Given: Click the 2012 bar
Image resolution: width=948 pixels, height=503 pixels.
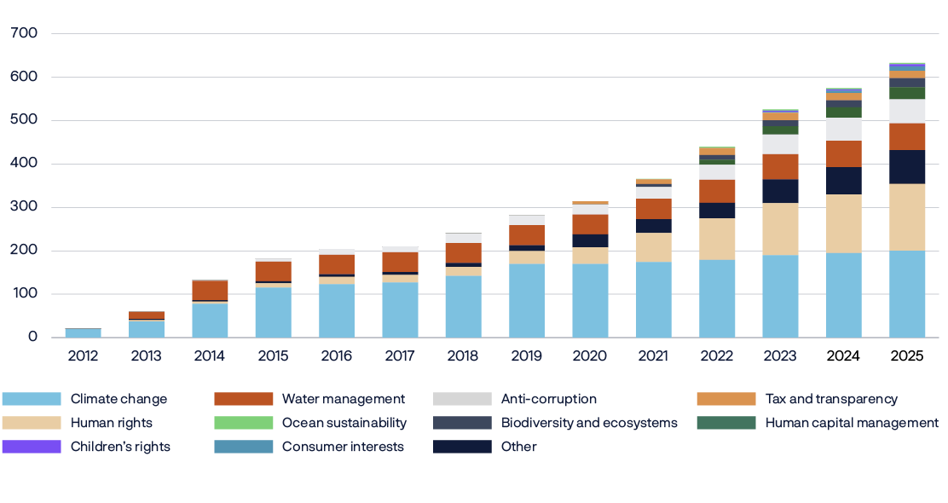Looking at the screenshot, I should [83, 332].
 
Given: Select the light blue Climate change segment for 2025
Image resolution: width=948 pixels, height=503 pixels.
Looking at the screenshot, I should [907, 294].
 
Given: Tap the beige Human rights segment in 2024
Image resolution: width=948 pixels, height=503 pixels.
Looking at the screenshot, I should [843, 223].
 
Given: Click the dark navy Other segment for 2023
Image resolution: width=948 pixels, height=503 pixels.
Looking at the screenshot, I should [780, 191].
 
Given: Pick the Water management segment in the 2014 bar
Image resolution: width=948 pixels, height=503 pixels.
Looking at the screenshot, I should [210, 290].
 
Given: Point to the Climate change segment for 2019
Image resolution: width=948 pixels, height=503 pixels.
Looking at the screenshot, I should [527, 300].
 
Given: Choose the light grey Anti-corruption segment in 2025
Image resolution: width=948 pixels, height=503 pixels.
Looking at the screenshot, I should [907, 111].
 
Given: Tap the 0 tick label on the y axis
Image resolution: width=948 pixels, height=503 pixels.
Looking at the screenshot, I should [32, 338].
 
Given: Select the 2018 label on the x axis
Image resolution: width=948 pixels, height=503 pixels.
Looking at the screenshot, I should [463, 356].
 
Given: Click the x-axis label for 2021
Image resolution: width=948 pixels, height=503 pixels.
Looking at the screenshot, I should [653, 356].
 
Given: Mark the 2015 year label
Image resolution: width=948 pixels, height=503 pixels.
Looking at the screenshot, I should [273, 356].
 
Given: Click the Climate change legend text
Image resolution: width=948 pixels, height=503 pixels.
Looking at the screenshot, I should [118, 399].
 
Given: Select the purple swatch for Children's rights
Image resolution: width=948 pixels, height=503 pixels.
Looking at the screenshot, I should [32, 447].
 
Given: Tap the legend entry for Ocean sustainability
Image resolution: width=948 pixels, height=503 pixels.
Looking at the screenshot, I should [344, 423].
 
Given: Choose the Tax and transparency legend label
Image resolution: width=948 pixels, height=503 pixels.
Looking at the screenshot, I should [831, 399].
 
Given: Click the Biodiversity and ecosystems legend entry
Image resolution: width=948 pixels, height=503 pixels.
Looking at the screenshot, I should [589, 423].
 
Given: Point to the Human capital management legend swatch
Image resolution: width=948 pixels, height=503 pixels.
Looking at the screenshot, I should [725, 423].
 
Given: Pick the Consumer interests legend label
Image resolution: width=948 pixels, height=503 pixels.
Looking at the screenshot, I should [343, 447].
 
